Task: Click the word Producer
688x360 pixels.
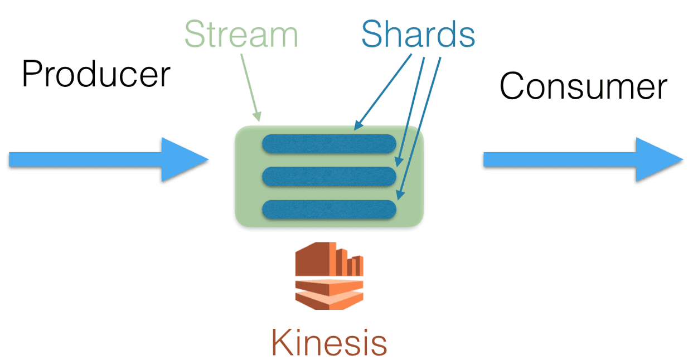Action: [95, 74]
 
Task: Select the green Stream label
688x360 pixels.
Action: [241, 35]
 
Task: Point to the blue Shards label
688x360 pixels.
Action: [418, 35]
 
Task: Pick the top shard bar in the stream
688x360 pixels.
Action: [329, 144]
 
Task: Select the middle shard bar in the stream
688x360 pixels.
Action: [329, 176]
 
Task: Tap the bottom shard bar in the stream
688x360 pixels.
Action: [329, 209]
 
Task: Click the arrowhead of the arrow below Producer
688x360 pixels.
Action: [187, 160]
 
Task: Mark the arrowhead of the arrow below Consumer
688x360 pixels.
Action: [661, 160]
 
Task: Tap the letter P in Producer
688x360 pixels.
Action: [31, 74]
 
